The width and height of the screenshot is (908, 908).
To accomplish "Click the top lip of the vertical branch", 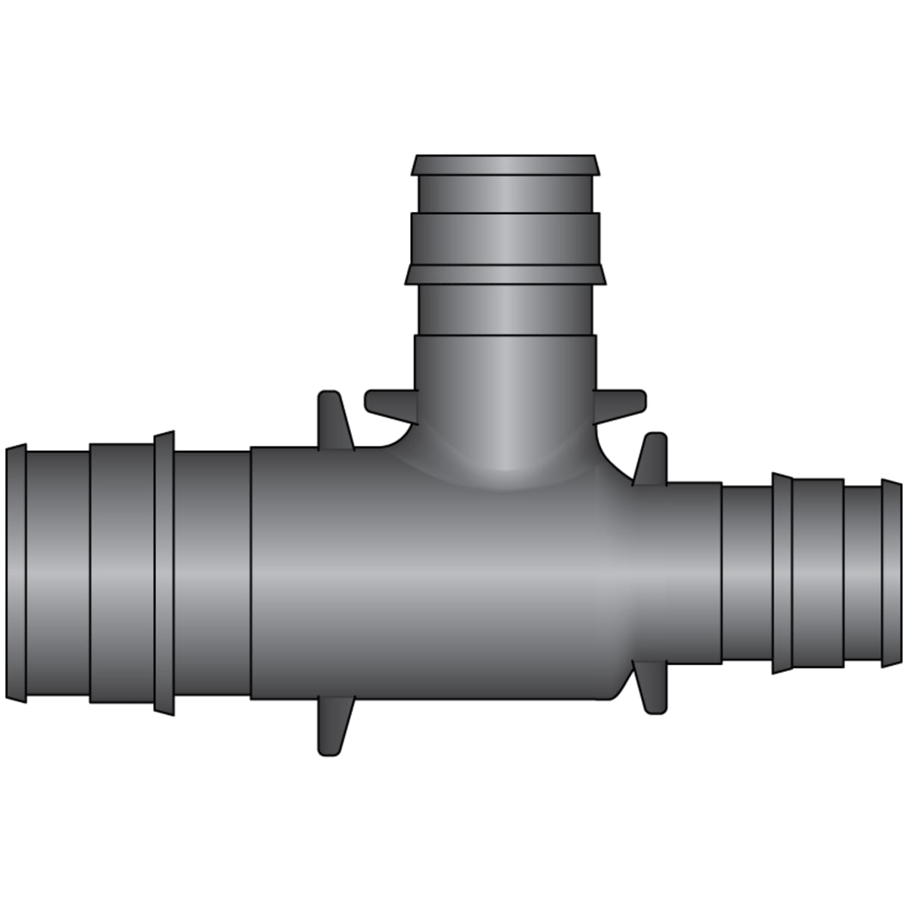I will (505, 165).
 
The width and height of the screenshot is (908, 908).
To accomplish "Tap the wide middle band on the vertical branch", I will (505, 238).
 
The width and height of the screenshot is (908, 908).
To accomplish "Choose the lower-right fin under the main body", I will (651, 689).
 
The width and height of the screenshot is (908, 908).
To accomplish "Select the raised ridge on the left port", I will (164, 573).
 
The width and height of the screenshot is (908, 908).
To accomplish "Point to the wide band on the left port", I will (121, 573).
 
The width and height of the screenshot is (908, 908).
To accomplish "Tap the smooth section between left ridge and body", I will (212, 573).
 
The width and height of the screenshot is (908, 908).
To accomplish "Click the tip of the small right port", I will (891, 575).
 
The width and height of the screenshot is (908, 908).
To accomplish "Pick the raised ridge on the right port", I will (782, 574).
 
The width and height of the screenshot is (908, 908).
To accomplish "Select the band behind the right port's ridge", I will (817, 574).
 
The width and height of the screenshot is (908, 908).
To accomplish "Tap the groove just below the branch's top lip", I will (505, 194).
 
